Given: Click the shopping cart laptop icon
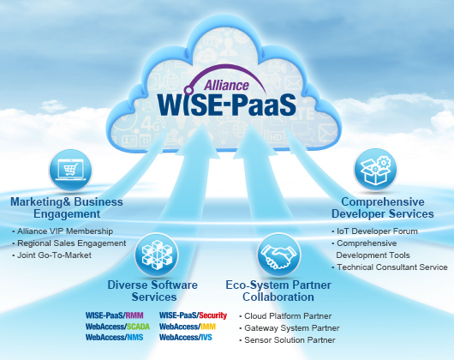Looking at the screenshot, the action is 70,170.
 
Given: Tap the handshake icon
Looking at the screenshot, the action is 279,255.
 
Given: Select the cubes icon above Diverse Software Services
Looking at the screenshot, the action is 157,255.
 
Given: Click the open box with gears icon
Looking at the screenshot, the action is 375,170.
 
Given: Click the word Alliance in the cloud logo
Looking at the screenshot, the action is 226,85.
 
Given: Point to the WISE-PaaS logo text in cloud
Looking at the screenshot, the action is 227,105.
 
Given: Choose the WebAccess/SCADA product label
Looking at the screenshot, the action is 117,327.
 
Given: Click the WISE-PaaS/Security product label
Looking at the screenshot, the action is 193,315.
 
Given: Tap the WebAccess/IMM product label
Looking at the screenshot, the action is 188,327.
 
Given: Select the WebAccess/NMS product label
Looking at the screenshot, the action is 115,338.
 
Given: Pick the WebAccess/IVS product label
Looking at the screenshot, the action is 186,338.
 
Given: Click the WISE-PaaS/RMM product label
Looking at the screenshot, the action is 115,315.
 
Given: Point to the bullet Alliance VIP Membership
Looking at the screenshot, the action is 63,231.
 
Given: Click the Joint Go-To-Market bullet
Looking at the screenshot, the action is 52,255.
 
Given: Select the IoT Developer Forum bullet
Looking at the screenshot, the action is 375,231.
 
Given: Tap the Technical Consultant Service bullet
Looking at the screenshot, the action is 390,267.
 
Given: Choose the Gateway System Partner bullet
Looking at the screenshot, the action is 290,328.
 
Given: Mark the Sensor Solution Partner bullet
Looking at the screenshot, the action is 288,340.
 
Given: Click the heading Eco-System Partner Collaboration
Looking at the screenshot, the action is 278,291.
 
